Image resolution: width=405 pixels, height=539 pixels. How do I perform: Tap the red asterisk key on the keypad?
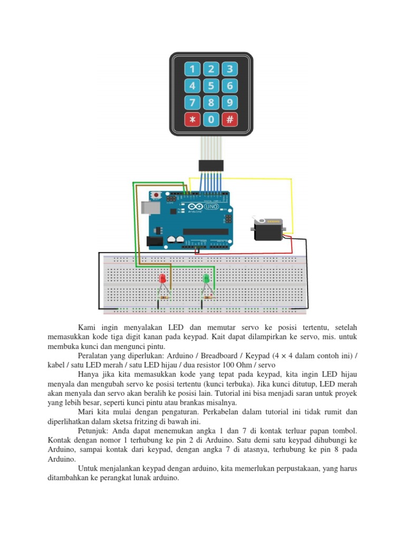click(192, 119)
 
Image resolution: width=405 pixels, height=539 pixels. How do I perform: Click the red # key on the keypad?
click(229, 119)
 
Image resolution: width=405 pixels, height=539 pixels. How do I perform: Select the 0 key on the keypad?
click(211, 119)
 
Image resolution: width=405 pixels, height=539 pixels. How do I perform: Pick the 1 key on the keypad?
click(192, 69)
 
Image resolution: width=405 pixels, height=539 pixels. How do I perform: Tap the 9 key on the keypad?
click(229, 103)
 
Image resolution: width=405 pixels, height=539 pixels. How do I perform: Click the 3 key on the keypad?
click(229, 69)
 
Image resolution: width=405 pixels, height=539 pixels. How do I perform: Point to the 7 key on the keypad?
click(192, 103)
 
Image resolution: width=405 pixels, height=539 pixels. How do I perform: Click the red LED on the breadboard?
click(162, 279)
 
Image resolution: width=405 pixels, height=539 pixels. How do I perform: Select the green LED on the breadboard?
click(206, 278)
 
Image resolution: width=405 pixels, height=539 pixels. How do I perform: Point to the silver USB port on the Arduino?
click(153, 209)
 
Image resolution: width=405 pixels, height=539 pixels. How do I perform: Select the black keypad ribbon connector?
click(211, 165)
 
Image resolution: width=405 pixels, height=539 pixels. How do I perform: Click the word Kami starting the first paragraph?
click(88, 327)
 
